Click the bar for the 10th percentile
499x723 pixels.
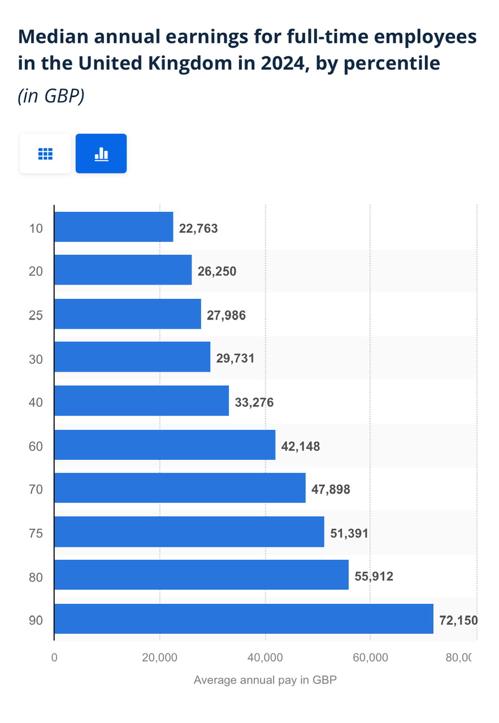tap(114, 227)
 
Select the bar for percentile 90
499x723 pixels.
tap(244, 619)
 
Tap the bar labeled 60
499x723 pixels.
tap(164, 445)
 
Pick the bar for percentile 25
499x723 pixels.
tap(128, 313)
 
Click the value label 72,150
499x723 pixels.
tap(458, 620)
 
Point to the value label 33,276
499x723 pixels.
tap(254, 403)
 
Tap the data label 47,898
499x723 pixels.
tap(331, 489)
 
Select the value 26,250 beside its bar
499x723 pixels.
tap(216, 271)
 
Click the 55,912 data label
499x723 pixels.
tap(374, 577)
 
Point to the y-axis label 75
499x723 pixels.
tap(36, 533)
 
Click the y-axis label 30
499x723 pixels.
tap(36, 359)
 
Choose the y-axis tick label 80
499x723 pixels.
tap(36, 577)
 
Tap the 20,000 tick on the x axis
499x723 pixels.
tap(160, 657)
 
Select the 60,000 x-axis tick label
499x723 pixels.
tap(370, 657)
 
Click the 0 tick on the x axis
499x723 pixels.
tap(54, 657)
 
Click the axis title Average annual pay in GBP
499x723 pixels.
tap(265, 680)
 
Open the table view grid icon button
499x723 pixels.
tap(45, 154)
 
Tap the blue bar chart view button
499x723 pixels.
tap(101, 154)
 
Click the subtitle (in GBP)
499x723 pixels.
tap(51, 96)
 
